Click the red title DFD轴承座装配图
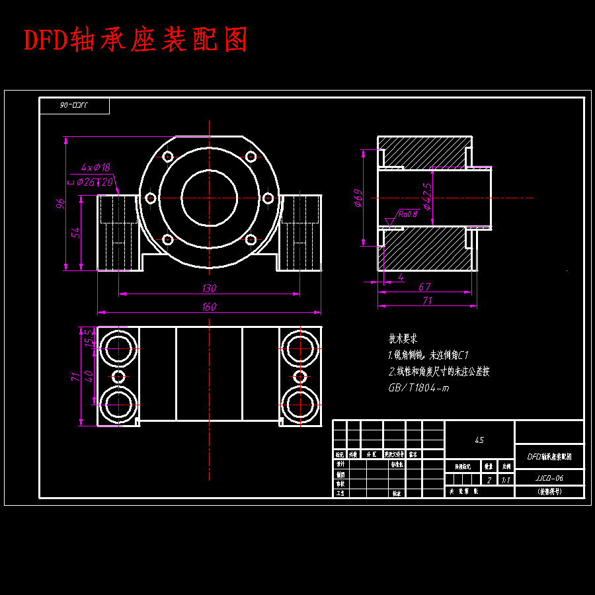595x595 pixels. click(x=136, y=40)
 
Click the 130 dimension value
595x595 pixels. click(x=209, y=288)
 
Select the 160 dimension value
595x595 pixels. click(x=209, y=307)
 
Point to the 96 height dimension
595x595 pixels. click(x=61, y=204)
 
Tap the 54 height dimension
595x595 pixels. click(x=76, y=233)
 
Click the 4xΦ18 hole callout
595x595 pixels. click(x=95, y=168)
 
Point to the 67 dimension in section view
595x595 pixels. click(x=424, y=287)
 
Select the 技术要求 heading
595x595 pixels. click(x=403, y=338)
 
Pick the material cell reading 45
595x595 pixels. click(x=479, y=440)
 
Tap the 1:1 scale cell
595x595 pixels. click(x=506, y=481)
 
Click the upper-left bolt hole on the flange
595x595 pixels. click(x=168, y=157)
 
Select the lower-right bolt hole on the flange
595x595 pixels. click(x=251, y=239)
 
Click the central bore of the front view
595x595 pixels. click(x=209, y=198)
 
